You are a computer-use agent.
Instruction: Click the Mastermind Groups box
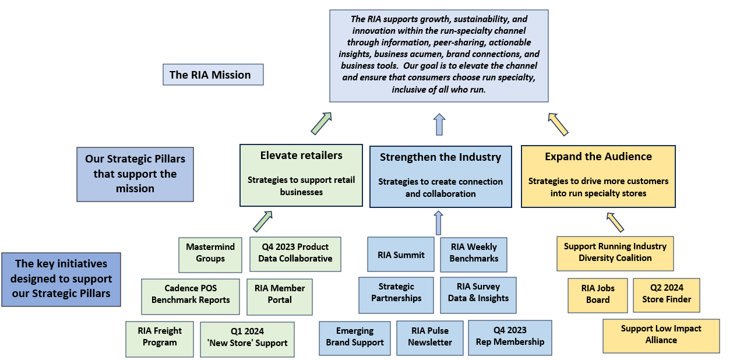(210, 253)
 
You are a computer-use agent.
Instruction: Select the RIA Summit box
(401, 255)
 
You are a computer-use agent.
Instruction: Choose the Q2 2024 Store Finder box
(667, 294)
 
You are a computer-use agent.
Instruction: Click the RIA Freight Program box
(160, 337)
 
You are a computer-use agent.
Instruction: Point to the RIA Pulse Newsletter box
(430, 337)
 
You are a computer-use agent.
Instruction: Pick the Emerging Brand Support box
(355, 337)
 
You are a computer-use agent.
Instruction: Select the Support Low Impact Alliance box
(661, 335)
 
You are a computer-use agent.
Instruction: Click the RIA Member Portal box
(280, 294)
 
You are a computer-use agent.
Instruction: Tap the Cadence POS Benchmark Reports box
(191, 294)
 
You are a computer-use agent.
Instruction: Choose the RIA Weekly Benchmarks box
(474, 253)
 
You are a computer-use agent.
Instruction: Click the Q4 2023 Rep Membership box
(510, 336)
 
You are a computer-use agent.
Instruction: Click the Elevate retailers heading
(301, 156)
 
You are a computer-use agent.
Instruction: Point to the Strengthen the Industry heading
(440, 157)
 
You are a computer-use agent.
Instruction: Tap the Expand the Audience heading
(598, 157)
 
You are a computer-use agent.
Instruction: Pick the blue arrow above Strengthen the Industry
(439, 124)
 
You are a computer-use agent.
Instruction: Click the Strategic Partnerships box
(396, 293)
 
